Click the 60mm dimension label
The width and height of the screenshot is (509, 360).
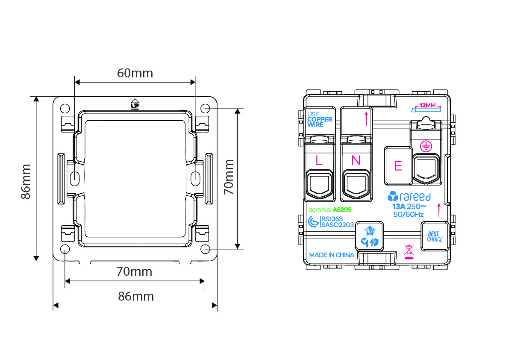135,73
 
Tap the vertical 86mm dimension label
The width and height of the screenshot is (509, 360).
26,181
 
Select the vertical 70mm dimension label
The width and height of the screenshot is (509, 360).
229,177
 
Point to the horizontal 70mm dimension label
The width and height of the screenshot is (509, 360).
134,271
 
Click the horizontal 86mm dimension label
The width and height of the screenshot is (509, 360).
136,296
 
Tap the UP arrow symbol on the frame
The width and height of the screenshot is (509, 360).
135,104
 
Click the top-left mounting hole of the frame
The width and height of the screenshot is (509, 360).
65,108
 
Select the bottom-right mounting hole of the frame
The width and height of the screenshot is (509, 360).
205,249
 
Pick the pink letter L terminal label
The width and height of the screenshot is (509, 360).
319,160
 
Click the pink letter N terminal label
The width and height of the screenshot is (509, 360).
356,160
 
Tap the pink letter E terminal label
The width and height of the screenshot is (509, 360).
398,166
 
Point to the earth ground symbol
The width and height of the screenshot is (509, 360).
426,146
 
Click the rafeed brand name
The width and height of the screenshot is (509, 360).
415,197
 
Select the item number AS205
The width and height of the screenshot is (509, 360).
342,210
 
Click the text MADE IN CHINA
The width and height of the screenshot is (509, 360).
332,255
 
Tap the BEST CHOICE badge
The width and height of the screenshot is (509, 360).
435,236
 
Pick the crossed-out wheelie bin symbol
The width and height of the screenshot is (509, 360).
409,250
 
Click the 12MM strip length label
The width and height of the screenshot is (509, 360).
427,105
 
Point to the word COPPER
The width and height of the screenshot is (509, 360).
320,119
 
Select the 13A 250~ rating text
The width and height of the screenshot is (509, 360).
409,207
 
